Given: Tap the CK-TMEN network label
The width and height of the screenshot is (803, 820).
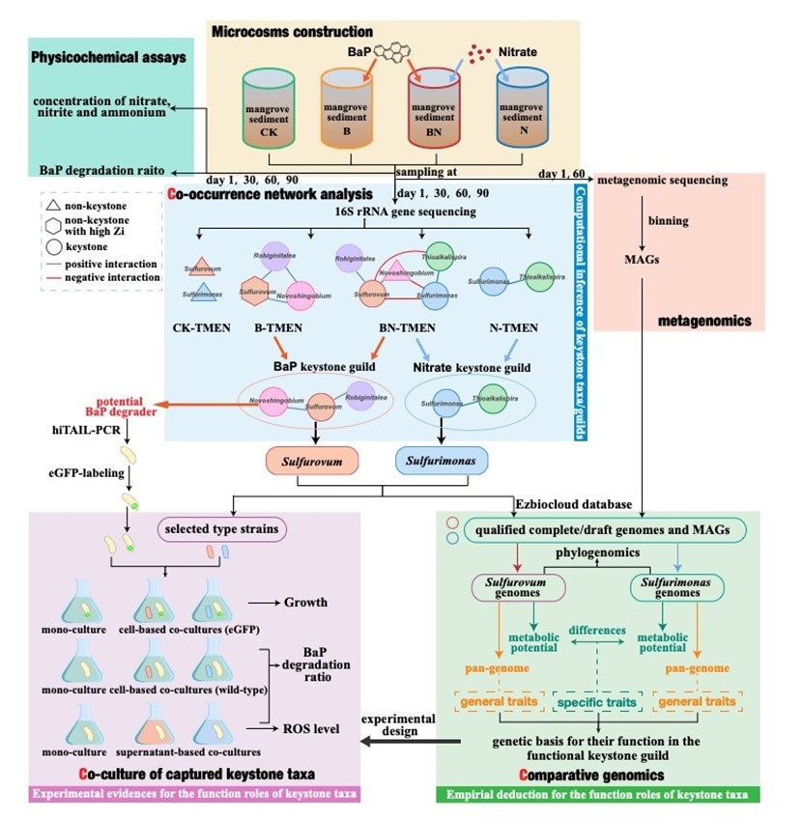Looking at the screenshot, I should pyautogui.click(x=204, y=327).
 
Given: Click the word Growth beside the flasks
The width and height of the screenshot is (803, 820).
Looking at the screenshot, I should pyautogui.click(x=305, y=603).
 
